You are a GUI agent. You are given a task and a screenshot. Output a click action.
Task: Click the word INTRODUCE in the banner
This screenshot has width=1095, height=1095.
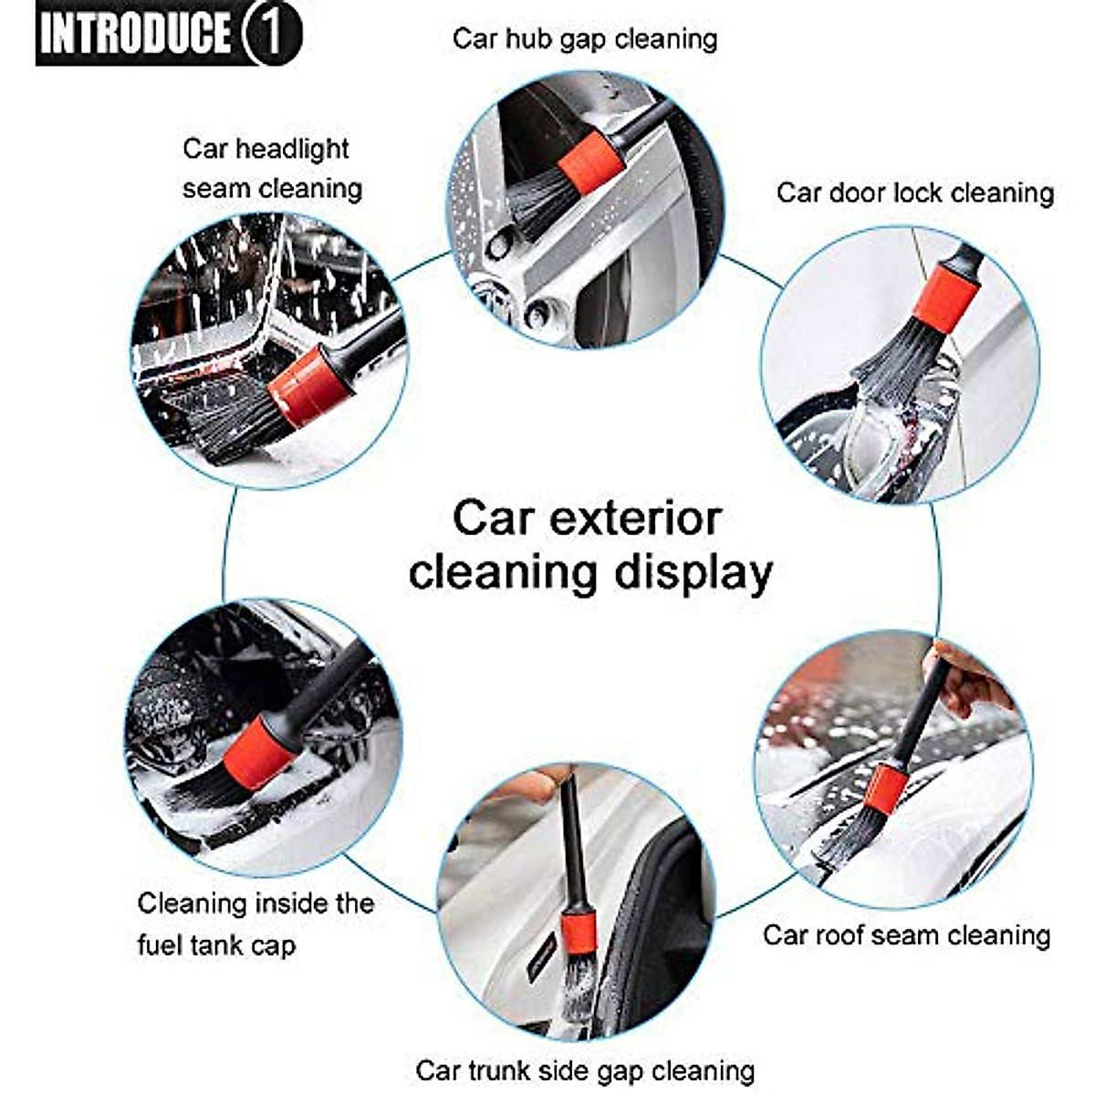coord(135,34)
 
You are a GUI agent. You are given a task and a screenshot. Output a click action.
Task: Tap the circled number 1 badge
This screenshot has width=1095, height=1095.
coord(271,34)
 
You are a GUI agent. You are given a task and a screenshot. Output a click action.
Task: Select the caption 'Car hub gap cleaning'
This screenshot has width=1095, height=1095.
coord(585,39)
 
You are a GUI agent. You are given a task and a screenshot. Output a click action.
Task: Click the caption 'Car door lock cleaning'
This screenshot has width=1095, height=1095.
coord(915,193)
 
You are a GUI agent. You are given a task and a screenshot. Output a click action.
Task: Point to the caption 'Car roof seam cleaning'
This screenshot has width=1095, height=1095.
coord(906,935)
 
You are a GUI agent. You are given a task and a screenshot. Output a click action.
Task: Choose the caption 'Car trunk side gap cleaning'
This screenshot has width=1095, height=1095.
coord(585,1070)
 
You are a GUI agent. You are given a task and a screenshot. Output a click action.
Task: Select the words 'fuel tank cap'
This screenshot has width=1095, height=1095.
coord(216,945)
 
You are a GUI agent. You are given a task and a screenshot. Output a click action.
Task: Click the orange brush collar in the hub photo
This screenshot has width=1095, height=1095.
coord(590,161)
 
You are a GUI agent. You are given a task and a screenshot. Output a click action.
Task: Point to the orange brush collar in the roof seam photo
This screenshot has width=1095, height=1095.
coord(884,789)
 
